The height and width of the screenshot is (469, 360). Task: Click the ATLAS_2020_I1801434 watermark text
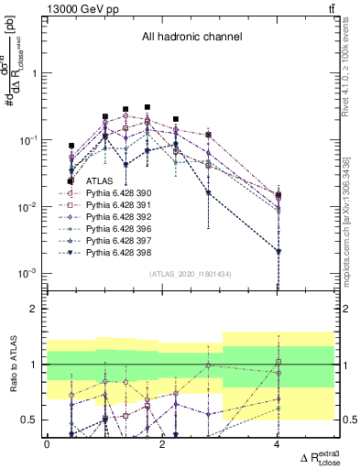(x=190, y=274)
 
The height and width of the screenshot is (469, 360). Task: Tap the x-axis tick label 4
(x=277, y=444)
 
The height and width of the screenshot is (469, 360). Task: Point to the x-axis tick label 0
(x=47, y=444)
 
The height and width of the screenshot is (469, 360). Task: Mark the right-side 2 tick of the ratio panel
(x=344, y=310)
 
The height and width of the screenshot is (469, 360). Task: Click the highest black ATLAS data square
(x=147, y=107)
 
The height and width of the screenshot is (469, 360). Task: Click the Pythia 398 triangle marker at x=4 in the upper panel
(x=278, y=251)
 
